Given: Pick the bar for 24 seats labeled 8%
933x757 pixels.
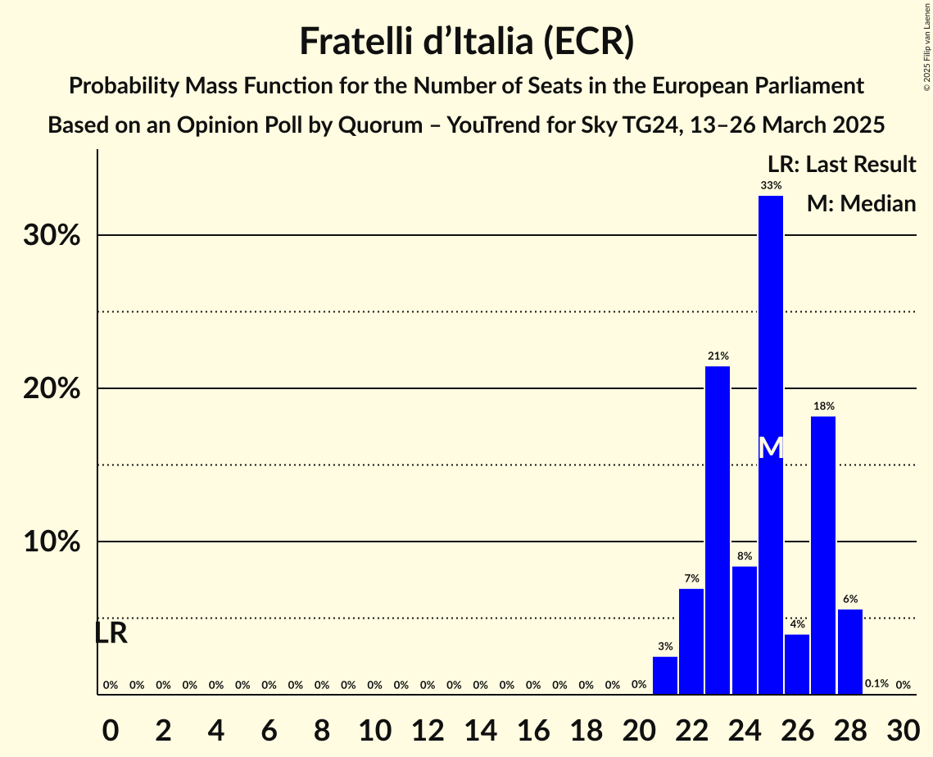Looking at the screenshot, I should (744, 630).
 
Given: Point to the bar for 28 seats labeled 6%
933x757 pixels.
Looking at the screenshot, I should (849, 651).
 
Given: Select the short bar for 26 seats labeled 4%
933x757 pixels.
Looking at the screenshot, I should (797, 664).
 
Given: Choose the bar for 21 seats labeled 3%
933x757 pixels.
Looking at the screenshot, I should (665, 675).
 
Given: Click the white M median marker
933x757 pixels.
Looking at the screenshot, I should (771, 447).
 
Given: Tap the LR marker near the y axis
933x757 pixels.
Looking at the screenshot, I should (111, 633).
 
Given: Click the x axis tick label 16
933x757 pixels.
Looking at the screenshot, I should (532, 728).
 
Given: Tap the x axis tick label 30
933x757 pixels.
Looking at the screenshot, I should (902, 728).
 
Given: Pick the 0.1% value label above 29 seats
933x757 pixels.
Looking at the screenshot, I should (876, 684).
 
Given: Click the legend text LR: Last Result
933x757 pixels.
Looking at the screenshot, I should (841, 165).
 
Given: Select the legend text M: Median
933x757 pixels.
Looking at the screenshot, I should (861, 203).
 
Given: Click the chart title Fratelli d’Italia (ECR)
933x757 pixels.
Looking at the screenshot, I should (466, 41).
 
